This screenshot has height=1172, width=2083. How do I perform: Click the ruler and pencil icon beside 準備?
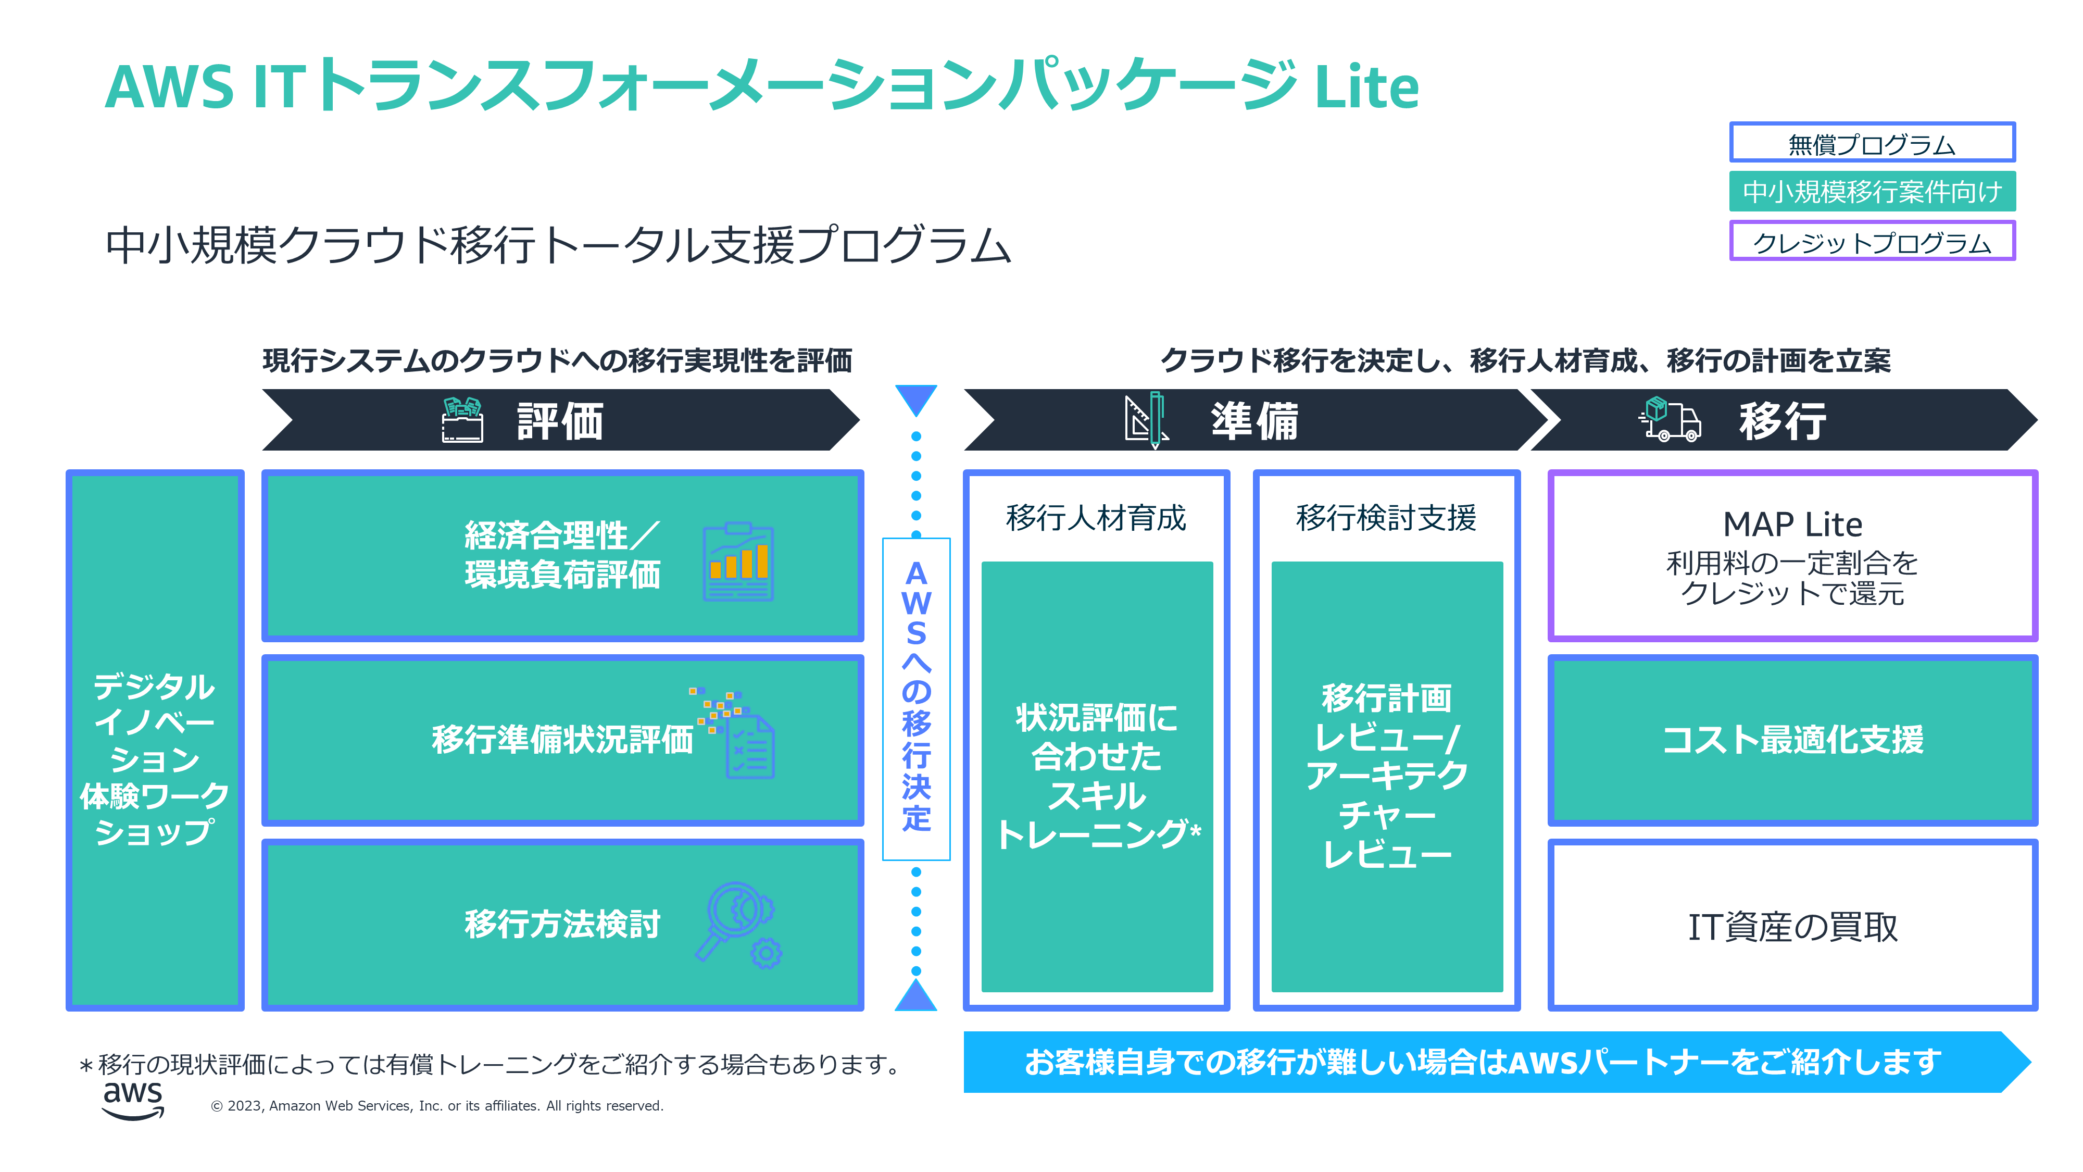[1146, 420]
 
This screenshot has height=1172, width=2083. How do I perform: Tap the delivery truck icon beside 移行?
[1669, 420]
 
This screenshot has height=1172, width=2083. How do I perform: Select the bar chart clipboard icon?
[737, 562]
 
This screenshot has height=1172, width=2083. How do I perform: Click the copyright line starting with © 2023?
[437, 1106]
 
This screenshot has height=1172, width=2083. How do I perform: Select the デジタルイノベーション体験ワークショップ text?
[155, 759]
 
